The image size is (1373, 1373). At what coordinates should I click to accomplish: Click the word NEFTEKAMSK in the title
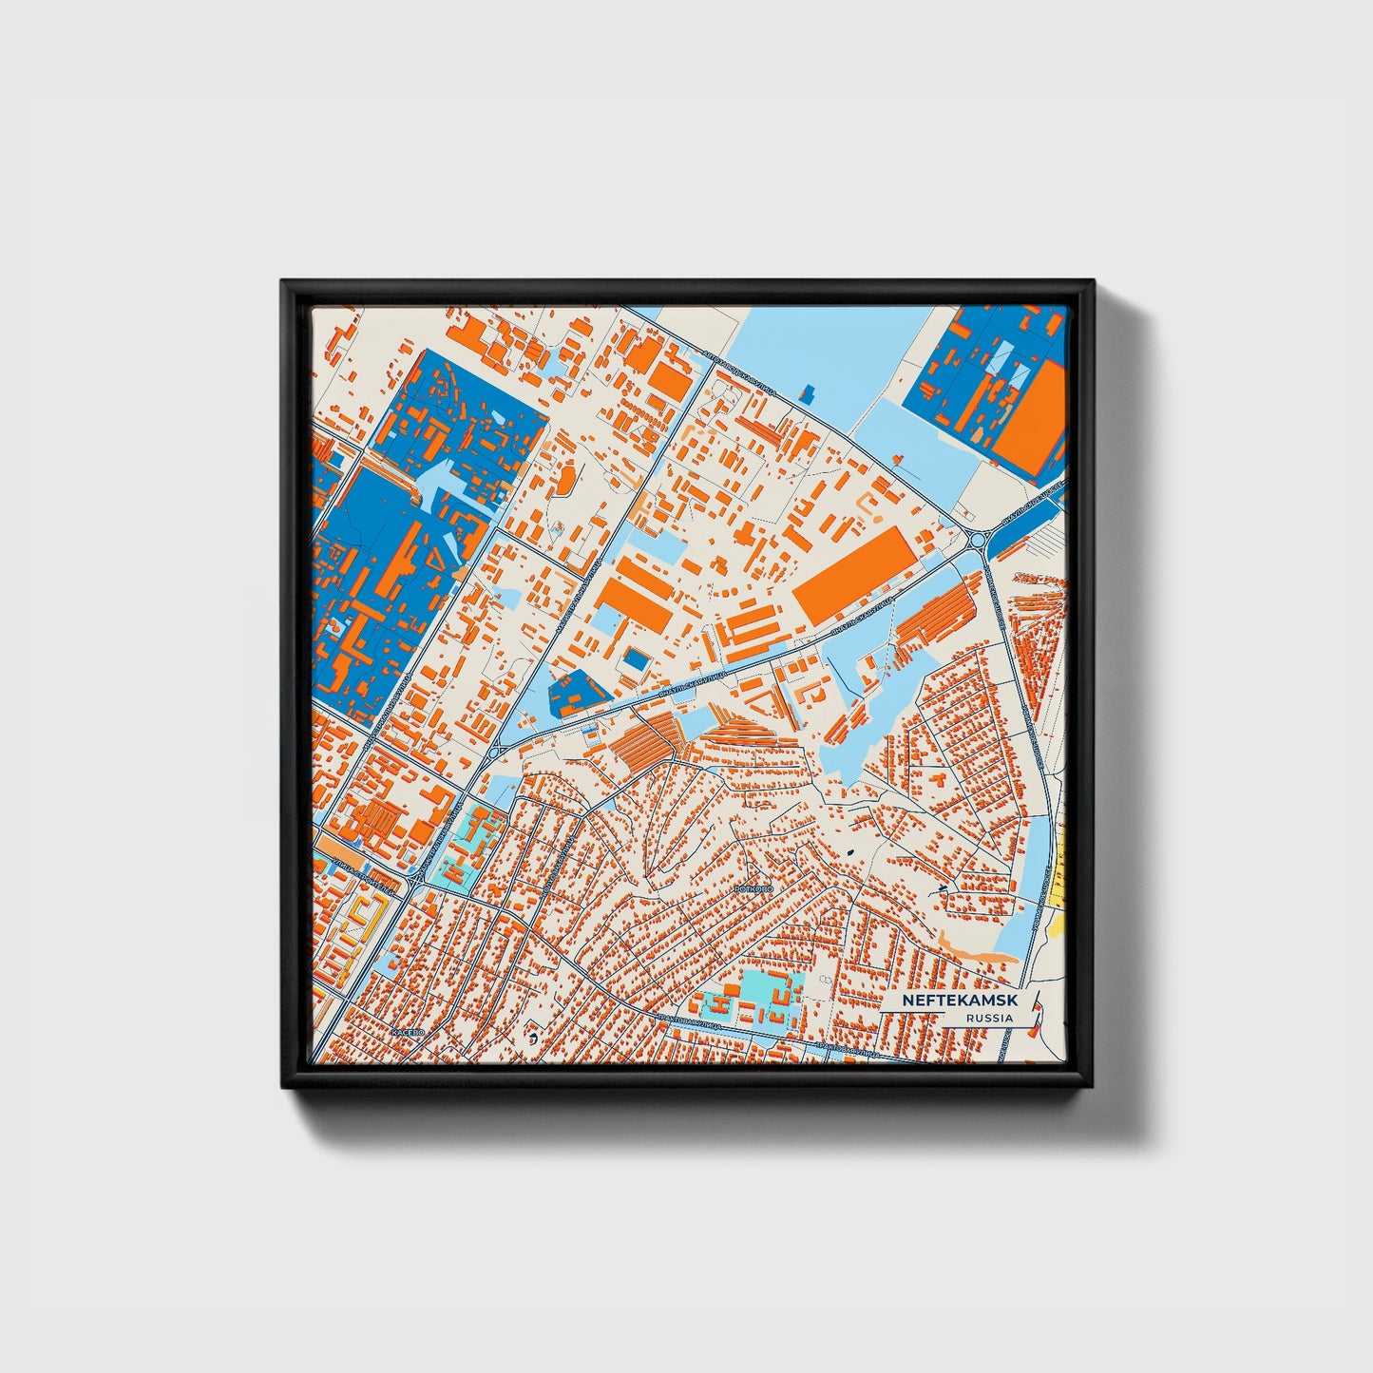[x=945, y=1001]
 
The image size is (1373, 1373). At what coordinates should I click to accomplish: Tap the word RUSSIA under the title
[x=988, y=1019]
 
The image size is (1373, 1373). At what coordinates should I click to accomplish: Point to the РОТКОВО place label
[x=756, y=887]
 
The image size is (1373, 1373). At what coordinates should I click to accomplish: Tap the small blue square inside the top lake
[x=810, y=391]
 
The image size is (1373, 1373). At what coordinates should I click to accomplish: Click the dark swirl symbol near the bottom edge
[x=534, y=1039]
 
